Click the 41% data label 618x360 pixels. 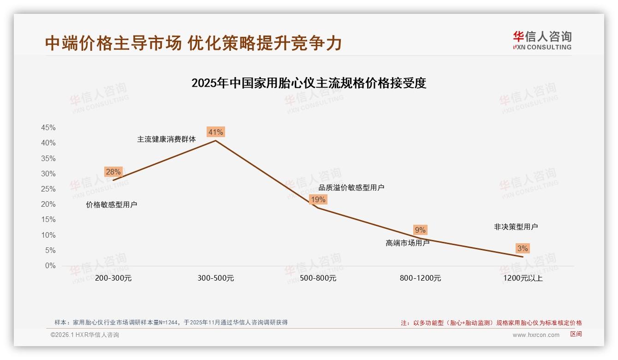216,132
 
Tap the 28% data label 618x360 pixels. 113,172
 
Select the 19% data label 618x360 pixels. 318,199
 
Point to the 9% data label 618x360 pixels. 420,230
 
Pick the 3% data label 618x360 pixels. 522,248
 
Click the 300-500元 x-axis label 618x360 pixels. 216,278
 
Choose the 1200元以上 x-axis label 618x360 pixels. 523,278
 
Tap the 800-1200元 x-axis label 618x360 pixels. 420,278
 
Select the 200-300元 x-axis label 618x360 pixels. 113,278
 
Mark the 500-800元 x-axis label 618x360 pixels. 318,278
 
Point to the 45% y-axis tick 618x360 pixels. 48,127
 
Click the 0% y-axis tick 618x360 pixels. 50,266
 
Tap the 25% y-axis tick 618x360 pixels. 48,189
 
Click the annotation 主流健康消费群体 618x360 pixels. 166,139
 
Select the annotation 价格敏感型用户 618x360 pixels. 112,205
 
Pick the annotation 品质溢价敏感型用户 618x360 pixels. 351,187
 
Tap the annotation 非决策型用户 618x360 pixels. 516,227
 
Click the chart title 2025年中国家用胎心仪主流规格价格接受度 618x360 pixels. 309,83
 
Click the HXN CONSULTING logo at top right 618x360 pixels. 542,41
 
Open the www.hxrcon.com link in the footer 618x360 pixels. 536,335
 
